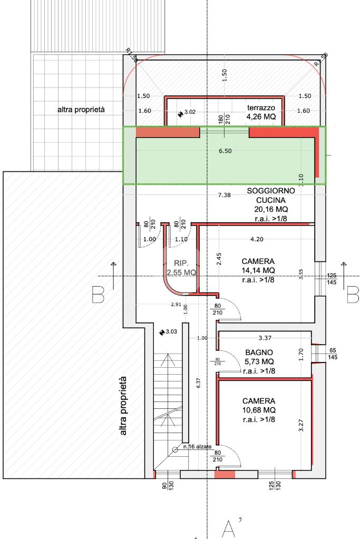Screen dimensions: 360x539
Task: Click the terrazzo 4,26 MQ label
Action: (261, 112)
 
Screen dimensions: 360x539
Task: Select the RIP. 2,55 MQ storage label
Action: (181, 268)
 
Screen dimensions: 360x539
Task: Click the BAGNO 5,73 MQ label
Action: (259, 357)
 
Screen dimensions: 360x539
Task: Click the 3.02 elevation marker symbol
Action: (180, 114)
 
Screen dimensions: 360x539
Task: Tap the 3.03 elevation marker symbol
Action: (162, 332)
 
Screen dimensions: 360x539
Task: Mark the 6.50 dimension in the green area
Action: (225, 151)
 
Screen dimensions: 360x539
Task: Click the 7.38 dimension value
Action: (225, 195)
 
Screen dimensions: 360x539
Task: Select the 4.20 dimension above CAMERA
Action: (257, 239)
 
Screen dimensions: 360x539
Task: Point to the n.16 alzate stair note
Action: (197, 446)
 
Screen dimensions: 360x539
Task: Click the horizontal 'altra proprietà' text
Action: (81, 110)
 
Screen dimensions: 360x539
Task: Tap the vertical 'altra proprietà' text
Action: (123, 406)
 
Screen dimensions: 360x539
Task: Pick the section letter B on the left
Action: (98, 295)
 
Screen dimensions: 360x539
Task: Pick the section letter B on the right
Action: (353, 295)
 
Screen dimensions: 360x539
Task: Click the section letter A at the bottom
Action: (228, 529)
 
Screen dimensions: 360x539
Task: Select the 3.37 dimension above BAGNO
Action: (265, 338)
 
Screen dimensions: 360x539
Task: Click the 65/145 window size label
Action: (333, 354)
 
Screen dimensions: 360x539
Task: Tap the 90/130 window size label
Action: (168, 485)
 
